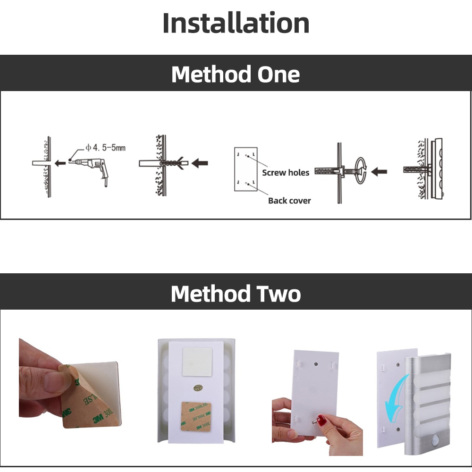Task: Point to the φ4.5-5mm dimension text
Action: coord(105,148)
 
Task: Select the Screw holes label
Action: coord(286,173)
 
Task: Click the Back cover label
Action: coord(289,201)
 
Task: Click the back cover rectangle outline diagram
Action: coord(246,169)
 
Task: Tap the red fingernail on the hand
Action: coord(321,418)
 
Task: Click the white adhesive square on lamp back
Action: coord(197,362)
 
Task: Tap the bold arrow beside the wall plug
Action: coord(201,163)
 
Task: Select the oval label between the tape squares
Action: coord(197,387)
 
